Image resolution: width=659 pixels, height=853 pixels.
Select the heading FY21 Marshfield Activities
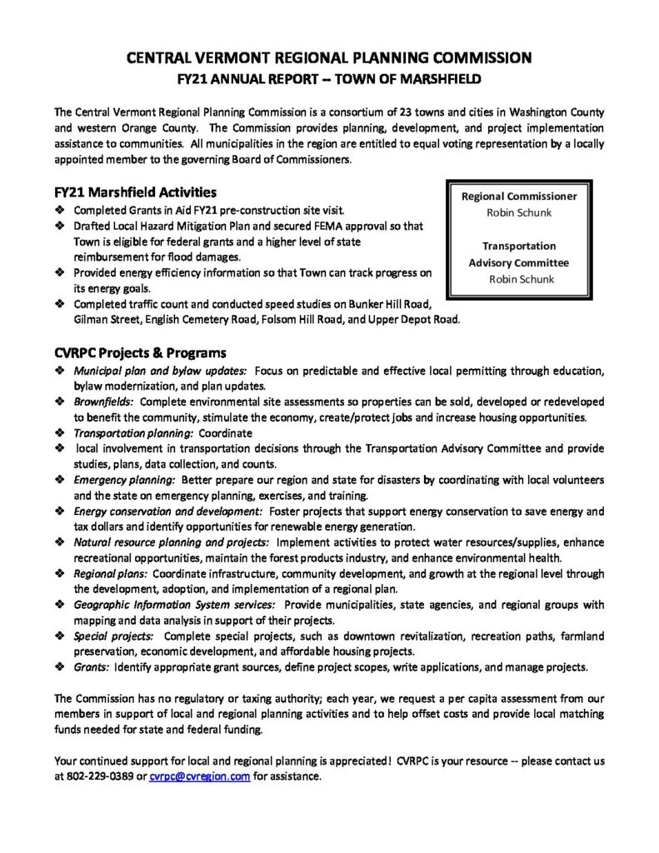(x=134, y=191)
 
